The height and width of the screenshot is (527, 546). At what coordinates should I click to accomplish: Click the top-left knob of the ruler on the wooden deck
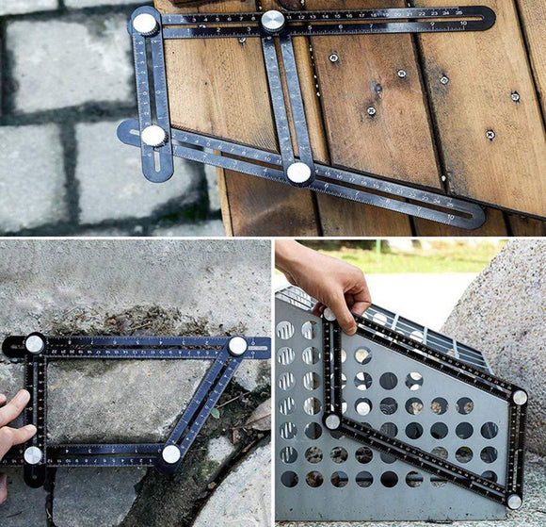(x=145, y=23)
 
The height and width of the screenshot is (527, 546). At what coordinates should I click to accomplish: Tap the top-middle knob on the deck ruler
(x=273, y=21)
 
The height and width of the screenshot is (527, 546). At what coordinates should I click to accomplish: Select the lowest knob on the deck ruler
(x=299, y=173)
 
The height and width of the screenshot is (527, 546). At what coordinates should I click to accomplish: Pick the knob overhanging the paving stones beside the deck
(x=153, y=136)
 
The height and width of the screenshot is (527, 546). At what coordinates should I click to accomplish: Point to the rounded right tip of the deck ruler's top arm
(x=488, y=17)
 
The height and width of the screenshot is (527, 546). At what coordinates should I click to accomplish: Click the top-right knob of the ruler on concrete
(x=237, y=346)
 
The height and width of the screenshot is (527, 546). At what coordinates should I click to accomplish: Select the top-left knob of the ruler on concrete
(x=35, y=344)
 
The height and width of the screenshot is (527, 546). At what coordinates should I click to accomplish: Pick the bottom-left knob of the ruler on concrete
(x=33, y=455)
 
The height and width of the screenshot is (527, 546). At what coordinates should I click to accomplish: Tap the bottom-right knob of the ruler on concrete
(x=170, y=453)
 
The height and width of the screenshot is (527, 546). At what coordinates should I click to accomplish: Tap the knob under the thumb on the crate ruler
(x=329, y=315)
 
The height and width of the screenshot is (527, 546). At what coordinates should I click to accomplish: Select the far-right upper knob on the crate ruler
(x=520, y=398)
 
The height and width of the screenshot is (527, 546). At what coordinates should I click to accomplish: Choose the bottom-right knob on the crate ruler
(x=514, y=502)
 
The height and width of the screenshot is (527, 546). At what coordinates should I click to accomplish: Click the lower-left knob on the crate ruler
(x=332, y=421)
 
